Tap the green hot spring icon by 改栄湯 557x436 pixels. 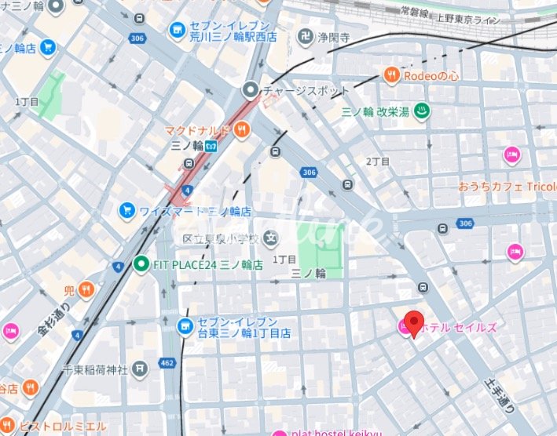422,111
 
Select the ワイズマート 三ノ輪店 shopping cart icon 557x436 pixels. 126,211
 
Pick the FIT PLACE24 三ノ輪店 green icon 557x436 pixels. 141,264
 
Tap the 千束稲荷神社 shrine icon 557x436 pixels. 139,368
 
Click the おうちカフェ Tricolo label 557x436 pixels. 507,186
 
